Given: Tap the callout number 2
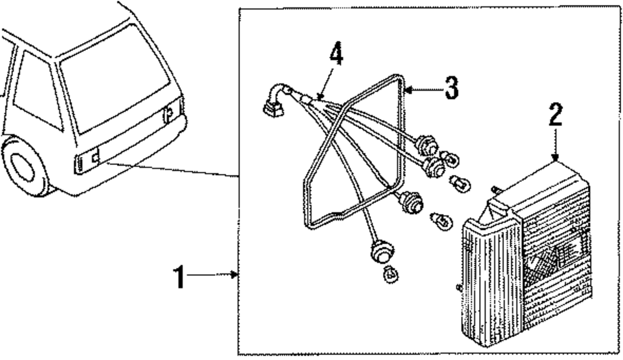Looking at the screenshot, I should [555, 117].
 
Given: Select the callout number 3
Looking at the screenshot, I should [450, 89].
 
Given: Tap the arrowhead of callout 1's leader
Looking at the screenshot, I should [235, 274].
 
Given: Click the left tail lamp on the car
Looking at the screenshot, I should [87, 161].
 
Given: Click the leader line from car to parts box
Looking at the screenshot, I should [174, 169].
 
